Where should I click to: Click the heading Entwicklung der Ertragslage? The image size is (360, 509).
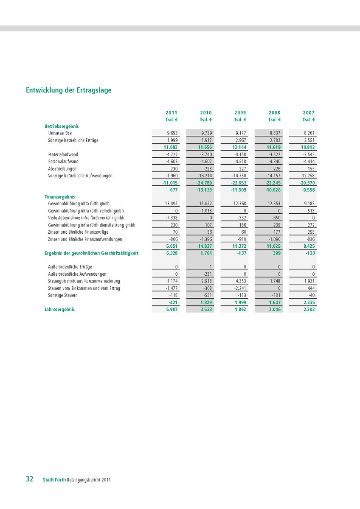(x=69, y=90)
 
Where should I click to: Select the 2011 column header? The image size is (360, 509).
(x=172, y=113)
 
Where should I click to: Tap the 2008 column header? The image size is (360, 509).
(x=274, y=113)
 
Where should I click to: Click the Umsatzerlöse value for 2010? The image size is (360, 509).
(x=206, y=133)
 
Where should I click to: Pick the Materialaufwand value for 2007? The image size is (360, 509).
(x=309, y=154)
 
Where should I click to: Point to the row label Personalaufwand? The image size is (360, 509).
(x=63, y=162)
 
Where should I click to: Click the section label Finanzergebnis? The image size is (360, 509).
(x=60, y=197)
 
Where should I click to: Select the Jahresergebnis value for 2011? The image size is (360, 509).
(x=172, y=310)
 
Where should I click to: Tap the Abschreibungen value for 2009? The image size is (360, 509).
(x=241, y=168)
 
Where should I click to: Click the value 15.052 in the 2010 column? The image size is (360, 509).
(x=205, y=204)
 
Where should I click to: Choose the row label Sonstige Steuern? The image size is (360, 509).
(x=63, y=295)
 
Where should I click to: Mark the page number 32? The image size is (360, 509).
(x=30, y=479)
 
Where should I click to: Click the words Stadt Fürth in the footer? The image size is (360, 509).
(x=54, y=480)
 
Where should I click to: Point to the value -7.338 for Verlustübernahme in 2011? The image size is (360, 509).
(x=172, y=218)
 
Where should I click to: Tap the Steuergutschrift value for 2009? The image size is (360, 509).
(x=240, y=281)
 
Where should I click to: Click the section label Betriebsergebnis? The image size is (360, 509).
(x=62, y=126)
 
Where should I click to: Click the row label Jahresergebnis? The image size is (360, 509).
(x=59, y=310)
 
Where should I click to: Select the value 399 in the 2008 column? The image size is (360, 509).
(x=276, y=253)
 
